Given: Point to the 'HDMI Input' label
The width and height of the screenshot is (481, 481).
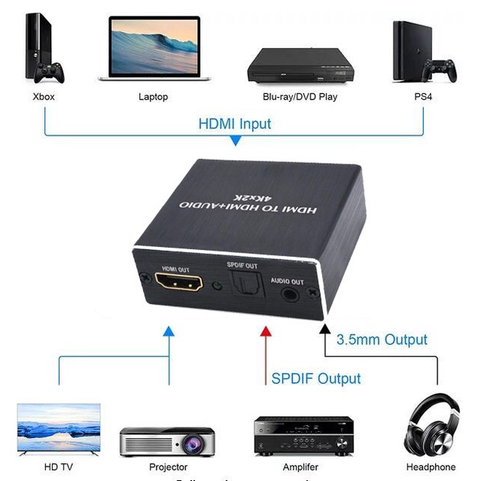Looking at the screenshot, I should click(x=235, y=123).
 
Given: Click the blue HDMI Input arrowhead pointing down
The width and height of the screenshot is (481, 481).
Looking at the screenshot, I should click(x=236, y=141).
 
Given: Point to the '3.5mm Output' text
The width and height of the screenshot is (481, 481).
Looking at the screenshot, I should click(x=382, y=339).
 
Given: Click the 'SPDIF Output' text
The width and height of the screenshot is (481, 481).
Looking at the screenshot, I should click(x=316, y=378).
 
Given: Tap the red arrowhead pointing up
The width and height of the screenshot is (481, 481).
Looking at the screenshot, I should click(x=265, y=330).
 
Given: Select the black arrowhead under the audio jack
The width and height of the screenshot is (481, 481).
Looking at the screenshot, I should click(x=325, y=330).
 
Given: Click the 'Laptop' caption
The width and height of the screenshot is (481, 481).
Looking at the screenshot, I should click(x=153, y=97).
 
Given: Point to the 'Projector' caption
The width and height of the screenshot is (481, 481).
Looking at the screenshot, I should click(x=169, y=466).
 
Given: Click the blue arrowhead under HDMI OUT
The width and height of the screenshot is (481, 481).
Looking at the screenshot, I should click(x=168, y=330).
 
